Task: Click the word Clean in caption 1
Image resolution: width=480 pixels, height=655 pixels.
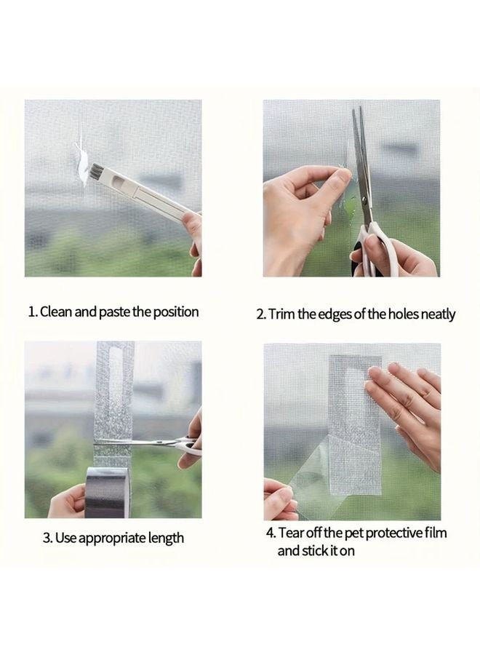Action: [x=56, y=311]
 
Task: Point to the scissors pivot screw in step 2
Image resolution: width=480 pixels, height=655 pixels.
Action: [x=366, y=199]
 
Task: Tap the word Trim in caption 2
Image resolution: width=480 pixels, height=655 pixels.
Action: [x=282, y=314]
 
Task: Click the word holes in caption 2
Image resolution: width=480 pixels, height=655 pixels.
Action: [x=403, y=314]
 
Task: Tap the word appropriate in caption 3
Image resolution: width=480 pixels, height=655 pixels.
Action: [x=113, y=539]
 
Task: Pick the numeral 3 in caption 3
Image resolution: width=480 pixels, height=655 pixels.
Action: [x=47, y=538]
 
